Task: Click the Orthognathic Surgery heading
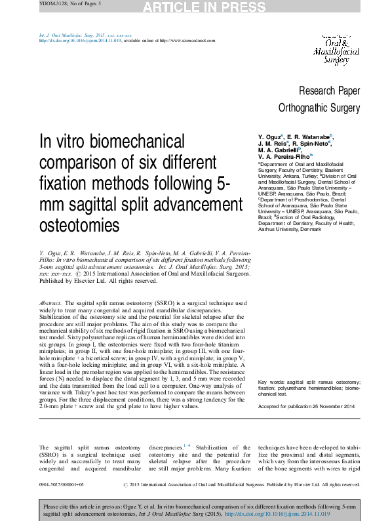[319, 107]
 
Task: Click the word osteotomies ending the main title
[80, 225]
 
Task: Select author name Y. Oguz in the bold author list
[271, 137]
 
